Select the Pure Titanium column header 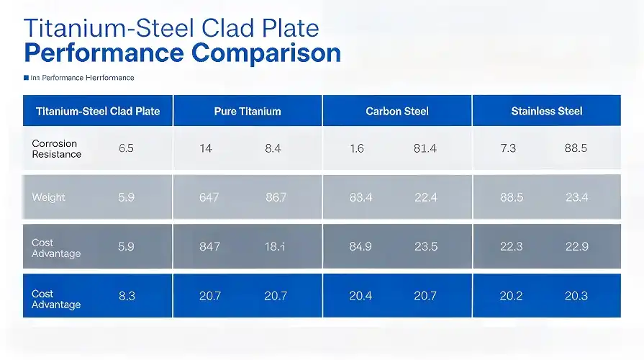248,111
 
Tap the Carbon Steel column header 397,111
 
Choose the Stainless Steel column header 547,111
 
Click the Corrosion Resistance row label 56,149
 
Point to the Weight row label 48,197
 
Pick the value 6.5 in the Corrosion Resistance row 126,149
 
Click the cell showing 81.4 425,149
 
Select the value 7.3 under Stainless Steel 508,149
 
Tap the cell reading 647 209,197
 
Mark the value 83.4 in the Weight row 360,197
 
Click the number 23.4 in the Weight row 576,197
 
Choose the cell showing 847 209,246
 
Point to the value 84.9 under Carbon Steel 360,246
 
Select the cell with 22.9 576,246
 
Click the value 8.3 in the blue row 126,295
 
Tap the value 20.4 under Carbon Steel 360,295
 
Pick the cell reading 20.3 576,295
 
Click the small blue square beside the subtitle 26,78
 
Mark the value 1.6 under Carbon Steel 357,149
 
